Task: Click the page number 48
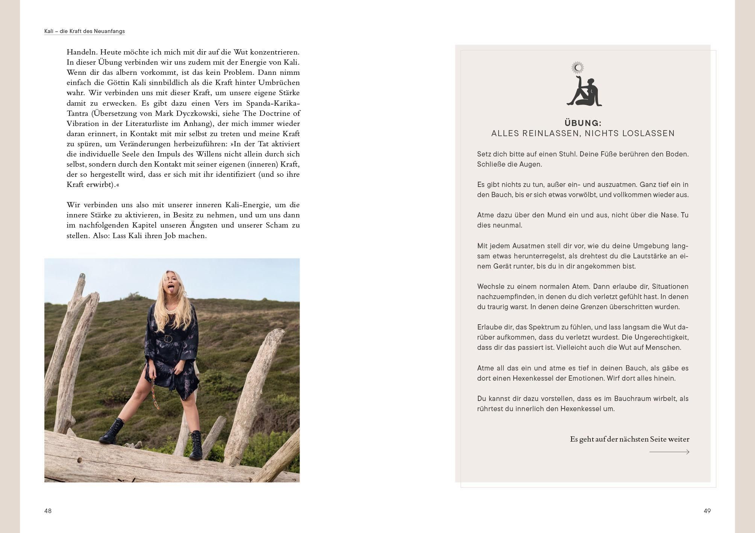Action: (48, 511)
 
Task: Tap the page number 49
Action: (707, 511)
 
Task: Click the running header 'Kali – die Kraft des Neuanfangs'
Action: (85, 31)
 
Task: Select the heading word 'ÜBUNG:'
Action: (583, 123)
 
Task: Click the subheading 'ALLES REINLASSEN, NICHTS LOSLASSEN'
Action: (583, 134)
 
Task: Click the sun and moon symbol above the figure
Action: (578, 68)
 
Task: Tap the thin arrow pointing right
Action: (669, 452)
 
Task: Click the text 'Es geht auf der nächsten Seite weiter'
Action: (629, 439)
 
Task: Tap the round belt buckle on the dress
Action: (168, 339)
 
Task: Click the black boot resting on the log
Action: (112, 433)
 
